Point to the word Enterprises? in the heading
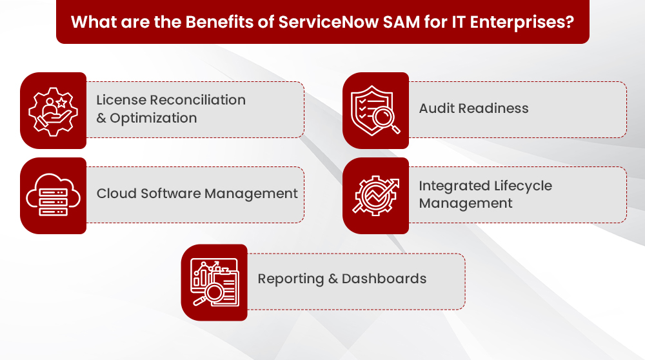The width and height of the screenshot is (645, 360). click(x=522, y=23)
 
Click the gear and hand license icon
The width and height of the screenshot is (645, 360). click(x=53, y=112)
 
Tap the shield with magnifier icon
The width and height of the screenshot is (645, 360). click(x=375, y=111)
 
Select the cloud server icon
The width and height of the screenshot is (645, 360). click(x=53, y=195)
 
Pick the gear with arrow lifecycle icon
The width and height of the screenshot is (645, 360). click(x=375, y=196)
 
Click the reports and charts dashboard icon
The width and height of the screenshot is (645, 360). click(x=215, y=283)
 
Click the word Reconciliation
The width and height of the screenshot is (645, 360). click(x=197, y=100)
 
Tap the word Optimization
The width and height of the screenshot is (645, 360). click(x=154, y=119)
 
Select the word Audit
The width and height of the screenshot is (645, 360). click(x=437, y=108)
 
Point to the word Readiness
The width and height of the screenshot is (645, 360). click(x=493, y=108)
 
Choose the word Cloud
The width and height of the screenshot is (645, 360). click(x=116, y=194)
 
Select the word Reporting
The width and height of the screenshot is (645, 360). click(x=291, y=279)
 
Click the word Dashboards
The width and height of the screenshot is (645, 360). click(x=384, y=279)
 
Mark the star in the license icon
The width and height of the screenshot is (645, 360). click(x=61, y=103)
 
